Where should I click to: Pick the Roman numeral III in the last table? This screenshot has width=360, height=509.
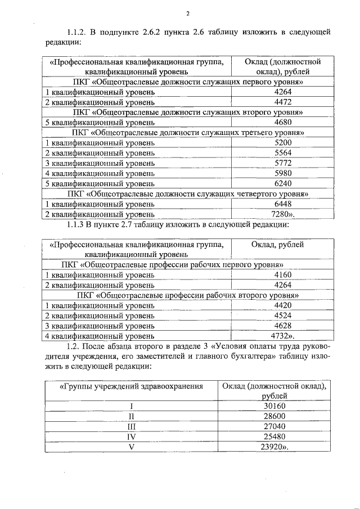coord(130,426)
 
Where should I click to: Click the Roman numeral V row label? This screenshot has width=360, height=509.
coord(130,447)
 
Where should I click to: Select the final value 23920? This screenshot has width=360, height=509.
coord(276,447)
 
